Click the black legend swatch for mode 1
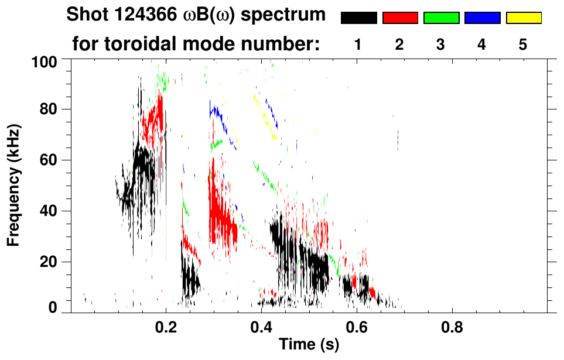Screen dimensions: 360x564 click(359, 18)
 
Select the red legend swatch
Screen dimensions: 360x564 click(400, 18)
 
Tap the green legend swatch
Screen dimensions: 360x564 click(441, 18)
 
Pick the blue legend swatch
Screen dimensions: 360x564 click(482, 18)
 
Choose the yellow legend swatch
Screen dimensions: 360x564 click(524, 18)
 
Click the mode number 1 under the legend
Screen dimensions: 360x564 click(358, 44)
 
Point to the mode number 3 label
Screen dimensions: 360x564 click(440, 44)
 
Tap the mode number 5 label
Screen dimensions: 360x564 click(523, 44)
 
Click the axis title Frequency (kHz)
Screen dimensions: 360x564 click(14, 186)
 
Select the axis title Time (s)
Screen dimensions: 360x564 click(309, 346)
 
